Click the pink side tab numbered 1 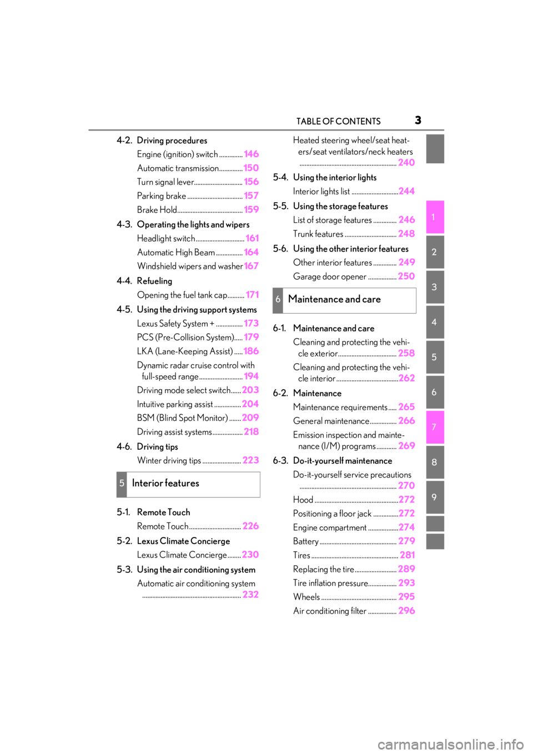click(435, 217)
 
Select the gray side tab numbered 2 click(435, 252)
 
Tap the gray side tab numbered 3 click(435, 287)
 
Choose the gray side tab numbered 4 click(435, 322)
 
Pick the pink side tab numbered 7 click(435, 427)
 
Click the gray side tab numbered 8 click(435, 462)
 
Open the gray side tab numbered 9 click(435, 497)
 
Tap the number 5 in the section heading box click(122, 484)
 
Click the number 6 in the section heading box click(278, 300)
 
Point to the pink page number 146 click(251, 154)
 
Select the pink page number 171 click(252, 295)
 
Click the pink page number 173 click(251, 323)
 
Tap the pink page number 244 click(406, 191)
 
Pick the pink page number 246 click(406, 220)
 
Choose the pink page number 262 click(406, 378)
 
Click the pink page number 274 click(406, 527)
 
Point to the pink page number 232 click(250, 595)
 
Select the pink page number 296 click(406, 611)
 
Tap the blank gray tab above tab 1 click(435, 149)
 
